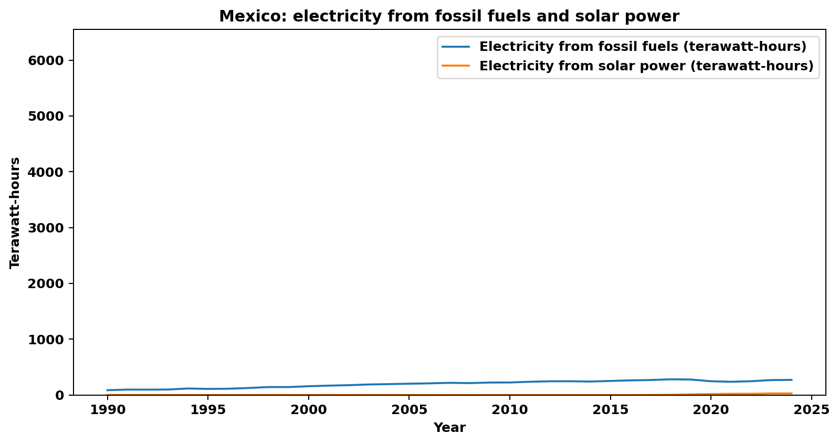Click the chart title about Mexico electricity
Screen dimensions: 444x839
point(449,16)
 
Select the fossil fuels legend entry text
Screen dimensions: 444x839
point(643,47)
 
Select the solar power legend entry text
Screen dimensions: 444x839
point(646,66)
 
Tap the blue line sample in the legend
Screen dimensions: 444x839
point(455,47)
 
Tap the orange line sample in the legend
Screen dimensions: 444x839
point(455,66)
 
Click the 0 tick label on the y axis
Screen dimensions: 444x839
point(59,395)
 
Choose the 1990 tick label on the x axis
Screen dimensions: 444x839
point(107,410)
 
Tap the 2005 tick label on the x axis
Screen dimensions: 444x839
point(408,410)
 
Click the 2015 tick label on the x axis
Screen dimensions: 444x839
point(610,410)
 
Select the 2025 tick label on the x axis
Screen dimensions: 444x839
point(811,410)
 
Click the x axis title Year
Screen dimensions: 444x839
point(449,428)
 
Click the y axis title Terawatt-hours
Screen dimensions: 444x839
point(15,213)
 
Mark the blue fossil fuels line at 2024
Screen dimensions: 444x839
point(791,380)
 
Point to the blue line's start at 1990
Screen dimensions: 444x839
point(107,390)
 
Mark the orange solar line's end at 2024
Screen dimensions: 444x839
point(791,393)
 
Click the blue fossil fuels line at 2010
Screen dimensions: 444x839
point(509,382)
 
